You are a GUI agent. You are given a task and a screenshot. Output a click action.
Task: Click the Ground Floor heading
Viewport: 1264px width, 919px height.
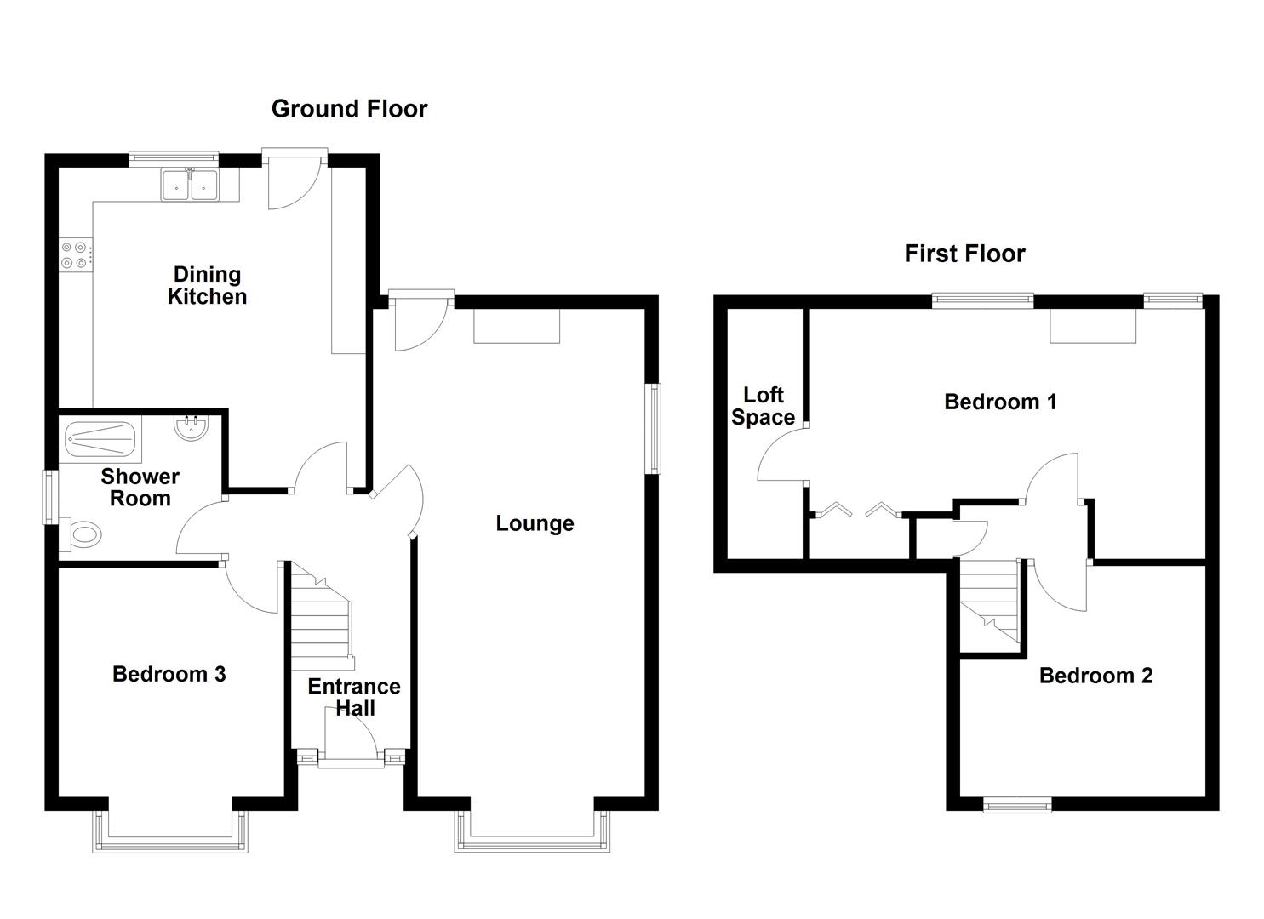pyautogui.click(x=349, y=109)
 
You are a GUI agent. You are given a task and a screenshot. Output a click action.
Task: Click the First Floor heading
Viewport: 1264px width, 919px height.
pyautogui.click(x=964, y=254)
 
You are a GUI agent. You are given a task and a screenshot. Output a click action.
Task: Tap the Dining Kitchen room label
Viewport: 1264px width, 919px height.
pyautogui.click(x=207, y=286)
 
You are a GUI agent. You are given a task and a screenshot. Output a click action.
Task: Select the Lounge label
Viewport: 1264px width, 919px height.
pyautogui.click(x=535, y=523)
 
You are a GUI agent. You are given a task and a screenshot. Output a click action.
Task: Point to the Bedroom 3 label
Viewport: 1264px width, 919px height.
pyautogui.click(x=169, y=675)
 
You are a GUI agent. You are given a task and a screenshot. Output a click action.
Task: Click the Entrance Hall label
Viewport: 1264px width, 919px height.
pyautogui.click(x=354, y=697)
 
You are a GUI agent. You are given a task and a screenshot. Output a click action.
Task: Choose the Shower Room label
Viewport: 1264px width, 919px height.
pyautogui.click(x=140, y=488)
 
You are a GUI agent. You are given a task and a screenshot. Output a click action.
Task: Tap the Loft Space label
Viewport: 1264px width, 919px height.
pyautogui.click(x=764, y=406)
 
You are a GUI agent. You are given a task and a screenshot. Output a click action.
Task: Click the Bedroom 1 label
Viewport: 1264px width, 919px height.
pyautogui.click(x=1000, y=402)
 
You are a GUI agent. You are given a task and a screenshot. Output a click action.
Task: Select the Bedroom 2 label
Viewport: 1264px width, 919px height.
pyautogui.click(x=1095, y=676)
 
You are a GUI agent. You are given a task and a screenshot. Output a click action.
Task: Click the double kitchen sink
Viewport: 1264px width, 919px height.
pyautogui.click(x=191, y=185)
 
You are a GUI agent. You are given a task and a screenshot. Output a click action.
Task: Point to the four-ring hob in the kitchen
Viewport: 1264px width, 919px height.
pyautogui.click(x=74, y=254)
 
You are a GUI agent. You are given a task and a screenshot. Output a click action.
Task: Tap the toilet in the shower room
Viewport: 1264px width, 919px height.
pyautogui.click(x=83, y=535)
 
